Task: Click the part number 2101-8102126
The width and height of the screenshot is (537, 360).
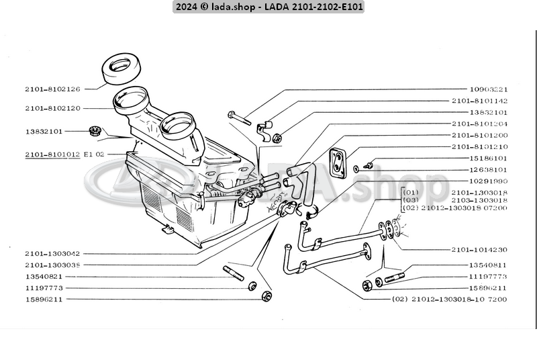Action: point(52,89)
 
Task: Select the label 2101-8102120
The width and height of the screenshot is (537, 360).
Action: point(52,108)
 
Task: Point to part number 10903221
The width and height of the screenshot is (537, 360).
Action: point(488,89)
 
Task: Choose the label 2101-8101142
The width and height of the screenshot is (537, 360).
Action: point(479,101)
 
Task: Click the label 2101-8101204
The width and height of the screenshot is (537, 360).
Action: point(479,124)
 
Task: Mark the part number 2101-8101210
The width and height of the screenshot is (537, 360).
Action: point(479,146)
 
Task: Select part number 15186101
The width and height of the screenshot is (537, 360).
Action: point(488,159)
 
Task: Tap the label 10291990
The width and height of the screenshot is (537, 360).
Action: point(488,181)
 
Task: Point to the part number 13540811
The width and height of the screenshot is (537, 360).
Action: point(488,265)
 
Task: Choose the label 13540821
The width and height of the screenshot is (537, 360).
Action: point(44,276)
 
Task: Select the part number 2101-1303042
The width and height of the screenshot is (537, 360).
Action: point(52,254)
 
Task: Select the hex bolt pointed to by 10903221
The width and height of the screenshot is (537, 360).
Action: point(239,118)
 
